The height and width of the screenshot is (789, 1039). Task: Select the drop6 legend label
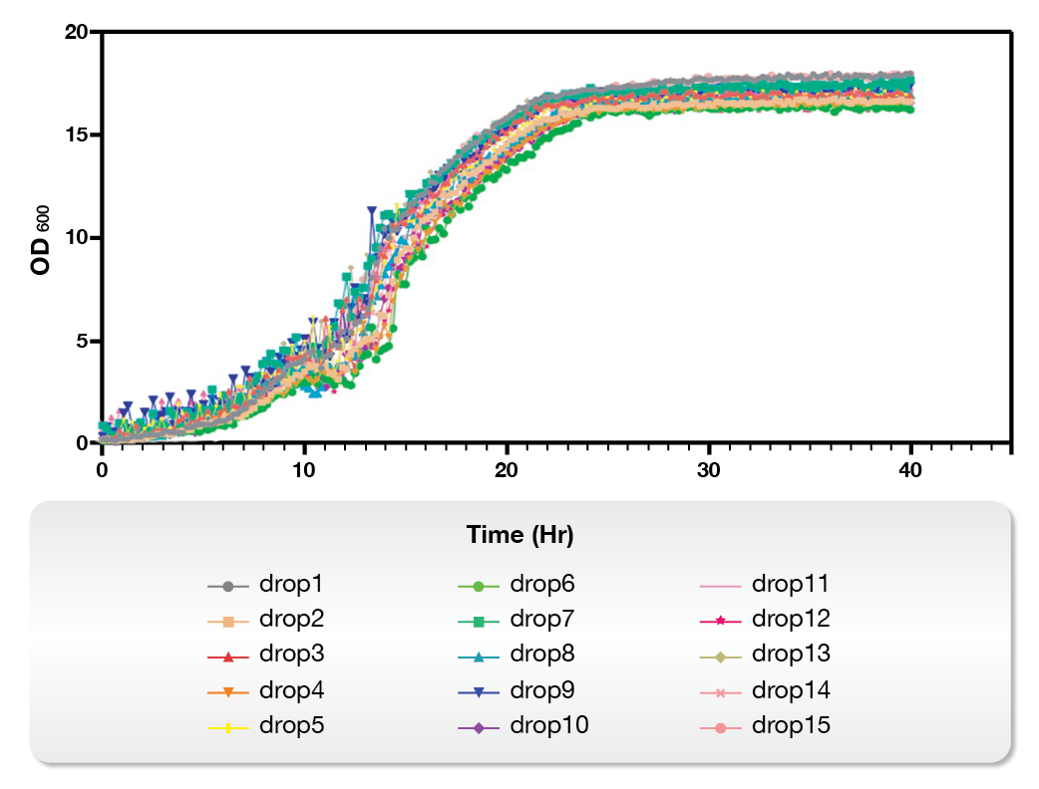click(x=542, y=584)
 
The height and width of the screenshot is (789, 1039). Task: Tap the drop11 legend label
click(x=790, y=584)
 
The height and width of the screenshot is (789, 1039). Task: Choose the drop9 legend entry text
click(x=542, y=689)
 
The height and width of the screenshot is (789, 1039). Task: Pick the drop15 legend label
click(x=790, y=725)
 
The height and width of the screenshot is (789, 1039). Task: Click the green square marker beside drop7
click(x=479, y=621)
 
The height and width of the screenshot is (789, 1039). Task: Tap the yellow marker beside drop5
click(x=228, y=727)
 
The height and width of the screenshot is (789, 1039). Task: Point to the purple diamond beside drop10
click(x=479, y=727)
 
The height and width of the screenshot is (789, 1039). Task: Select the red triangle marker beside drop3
click(x=228, y=656)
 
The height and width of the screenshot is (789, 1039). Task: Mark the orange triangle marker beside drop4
click(x=228, y=691)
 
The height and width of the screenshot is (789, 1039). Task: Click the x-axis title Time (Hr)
click(x=519, y=535)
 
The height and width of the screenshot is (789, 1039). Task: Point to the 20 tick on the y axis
click(x=75, y=32)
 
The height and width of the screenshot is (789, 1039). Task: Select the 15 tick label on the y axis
click(x=75, y=134)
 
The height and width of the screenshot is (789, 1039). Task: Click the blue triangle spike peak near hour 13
click(x=372, y=212)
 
